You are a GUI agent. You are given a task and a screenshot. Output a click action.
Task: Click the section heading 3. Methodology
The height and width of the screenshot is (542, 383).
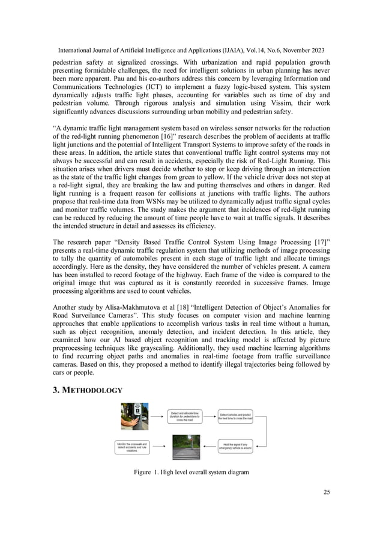(88, 390)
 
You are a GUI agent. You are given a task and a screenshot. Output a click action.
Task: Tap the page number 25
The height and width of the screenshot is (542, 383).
(326, 492)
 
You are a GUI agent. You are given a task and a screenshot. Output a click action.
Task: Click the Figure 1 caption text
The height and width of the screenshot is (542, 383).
(191, 472)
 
